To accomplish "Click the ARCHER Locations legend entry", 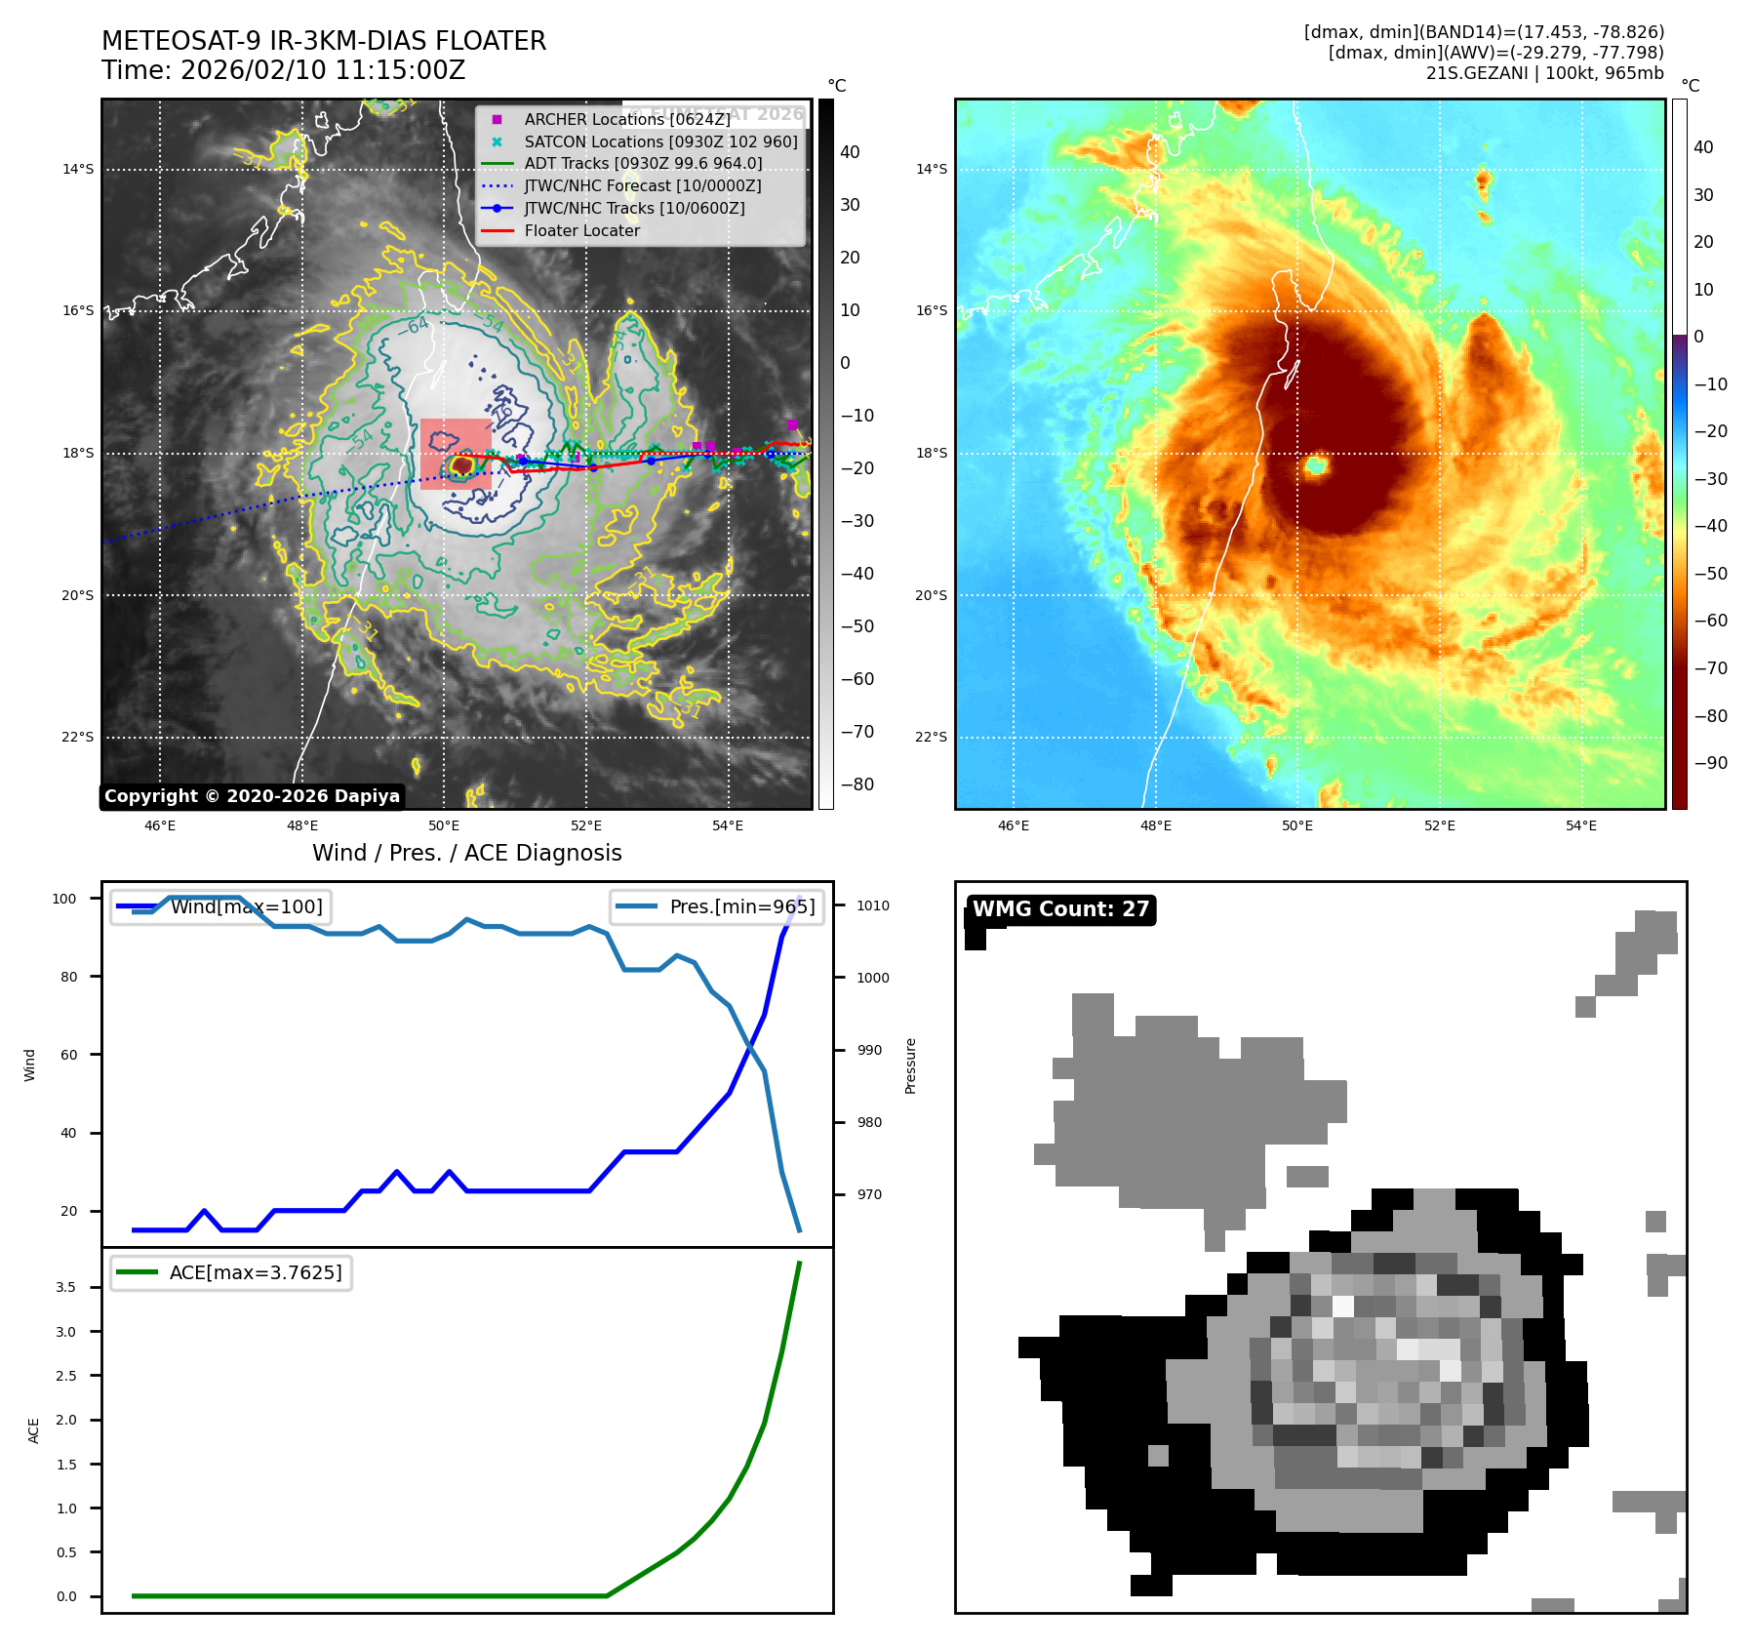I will (626, 119).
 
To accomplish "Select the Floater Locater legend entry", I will (581, 230).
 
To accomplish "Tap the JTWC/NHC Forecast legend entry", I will (642, 185).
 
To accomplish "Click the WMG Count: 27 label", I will (1060, 909).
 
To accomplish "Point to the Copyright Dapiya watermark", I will (252, 796).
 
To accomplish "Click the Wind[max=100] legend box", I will (221, 906).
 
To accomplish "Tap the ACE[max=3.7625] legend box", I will (231, 1272).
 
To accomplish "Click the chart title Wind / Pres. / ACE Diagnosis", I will (466, 853).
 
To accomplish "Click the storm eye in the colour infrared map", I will (1316, 465).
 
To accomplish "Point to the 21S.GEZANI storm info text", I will (1544, 73).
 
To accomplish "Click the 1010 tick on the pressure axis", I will (872, 905).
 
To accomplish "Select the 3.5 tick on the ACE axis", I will (65, 1287).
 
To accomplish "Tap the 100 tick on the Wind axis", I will (64, 899).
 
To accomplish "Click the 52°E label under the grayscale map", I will (586, 825).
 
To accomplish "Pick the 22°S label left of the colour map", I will (931, 737).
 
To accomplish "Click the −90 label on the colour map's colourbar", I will (1710, 763).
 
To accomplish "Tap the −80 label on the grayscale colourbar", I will (857, 784).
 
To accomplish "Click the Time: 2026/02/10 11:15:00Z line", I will (283, 70).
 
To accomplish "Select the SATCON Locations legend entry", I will (660, 141).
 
